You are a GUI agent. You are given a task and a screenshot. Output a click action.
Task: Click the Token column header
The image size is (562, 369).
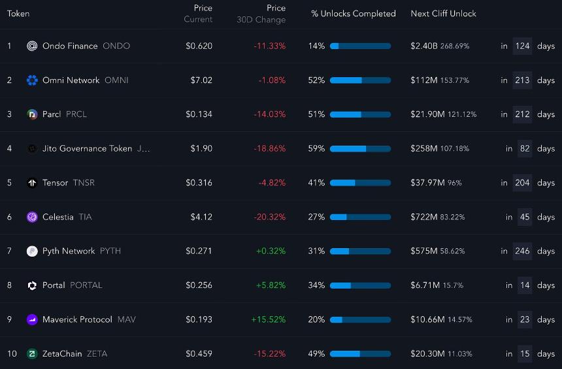(x=18, y=14)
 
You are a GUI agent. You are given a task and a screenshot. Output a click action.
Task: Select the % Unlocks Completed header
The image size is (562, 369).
(x=354, y=14)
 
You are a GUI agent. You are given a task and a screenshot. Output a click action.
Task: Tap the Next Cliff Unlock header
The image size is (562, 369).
(x=443, y=14)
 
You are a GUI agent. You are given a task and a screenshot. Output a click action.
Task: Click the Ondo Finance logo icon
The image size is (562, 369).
(x=32, y=46)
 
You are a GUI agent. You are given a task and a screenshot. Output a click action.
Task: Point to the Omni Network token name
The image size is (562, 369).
(x=71, y=80)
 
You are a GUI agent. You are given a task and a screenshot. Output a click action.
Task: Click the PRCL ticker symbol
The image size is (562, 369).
(x=76, y=114)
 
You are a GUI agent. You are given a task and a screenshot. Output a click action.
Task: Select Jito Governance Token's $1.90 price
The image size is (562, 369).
(x=201, y=148)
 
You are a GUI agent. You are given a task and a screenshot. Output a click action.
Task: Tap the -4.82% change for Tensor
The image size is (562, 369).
(x=272, y=183)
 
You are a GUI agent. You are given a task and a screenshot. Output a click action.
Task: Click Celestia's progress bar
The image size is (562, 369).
(x=360, y=217)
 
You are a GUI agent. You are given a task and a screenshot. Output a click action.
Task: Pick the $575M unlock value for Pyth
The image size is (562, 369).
(x=424, y=251)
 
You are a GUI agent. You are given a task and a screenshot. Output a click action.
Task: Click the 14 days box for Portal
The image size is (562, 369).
(x=525, y=285)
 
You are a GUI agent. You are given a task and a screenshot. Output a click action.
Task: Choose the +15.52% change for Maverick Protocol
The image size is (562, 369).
(x=269, y=319)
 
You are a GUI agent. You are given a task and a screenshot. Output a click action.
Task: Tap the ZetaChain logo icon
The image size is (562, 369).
(x=32, y=354)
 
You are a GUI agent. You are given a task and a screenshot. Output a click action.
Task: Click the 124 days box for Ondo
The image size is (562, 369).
(x=522, y=46)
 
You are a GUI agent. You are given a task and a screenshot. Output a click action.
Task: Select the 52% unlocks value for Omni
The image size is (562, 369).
(x=316, y=80)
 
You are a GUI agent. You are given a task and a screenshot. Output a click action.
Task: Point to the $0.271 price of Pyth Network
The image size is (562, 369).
(x=199, y=251)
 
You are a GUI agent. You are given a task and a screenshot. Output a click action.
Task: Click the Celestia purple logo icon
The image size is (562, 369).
(x=32, y=217)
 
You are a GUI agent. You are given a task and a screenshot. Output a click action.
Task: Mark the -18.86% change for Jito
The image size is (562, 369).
(x=269, y=148)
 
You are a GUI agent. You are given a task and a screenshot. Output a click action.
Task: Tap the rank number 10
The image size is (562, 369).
(x=12, y=354)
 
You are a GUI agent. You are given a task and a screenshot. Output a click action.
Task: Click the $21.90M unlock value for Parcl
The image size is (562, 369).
(x=427, y=114)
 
